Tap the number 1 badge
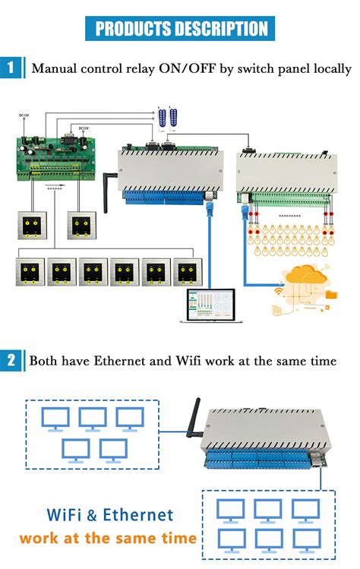click(x=11, y=68)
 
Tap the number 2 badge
click(x=11, y=360)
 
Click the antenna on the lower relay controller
click(x=192, y=417)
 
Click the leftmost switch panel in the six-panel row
click(x=30, y=273)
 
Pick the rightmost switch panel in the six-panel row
click(x=190, y=273)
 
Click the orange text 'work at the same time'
click(x=108, y=539)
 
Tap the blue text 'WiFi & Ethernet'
click(x=108, y=515)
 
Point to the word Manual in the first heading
click(x=58, y=69)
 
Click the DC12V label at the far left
click(x=24, y=115)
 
